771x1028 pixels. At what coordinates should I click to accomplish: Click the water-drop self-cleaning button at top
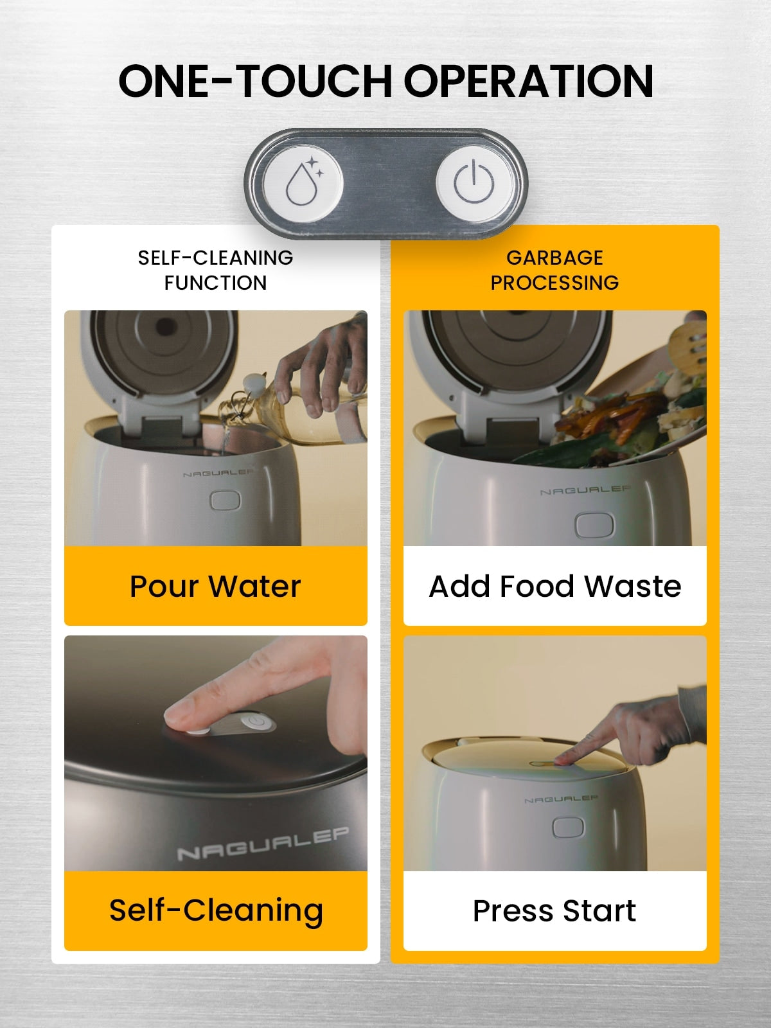coord(303,183)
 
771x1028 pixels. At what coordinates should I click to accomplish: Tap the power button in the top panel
coord(474,182)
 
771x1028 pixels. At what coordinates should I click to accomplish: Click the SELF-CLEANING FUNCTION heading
coord(215,270)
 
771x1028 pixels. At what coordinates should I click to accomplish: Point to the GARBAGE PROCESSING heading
coord(554,270)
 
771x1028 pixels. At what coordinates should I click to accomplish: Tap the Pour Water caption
coord(215,586)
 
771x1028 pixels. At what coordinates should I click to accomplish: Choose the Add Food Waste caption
coord(554,586)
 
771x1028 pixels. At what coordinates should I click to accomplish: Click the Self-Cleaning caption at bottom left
coord(216,911)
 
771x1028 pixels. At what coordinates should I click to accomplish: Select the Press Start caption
coord(554,911)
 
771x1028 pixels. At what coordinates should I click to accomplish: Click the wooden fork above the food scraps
coord(688,346)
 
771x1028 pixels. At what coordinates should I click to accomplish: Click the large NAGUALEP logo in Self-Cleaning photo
coord(263,844)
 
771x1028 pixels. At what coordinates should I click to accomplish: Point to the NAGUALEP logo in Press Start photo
coord(561,799)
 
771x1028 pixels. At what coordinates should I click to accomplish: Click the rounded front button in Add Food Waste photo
coord(594,525)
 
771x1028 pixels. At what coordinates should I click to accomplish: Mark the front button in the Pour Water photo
coord(225,501)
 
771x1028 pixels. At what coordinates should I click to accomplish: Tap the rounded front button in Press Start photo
coord(569,828)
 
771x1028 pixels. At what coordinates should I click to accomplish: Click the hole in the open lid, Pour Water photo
coord(164,327)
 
